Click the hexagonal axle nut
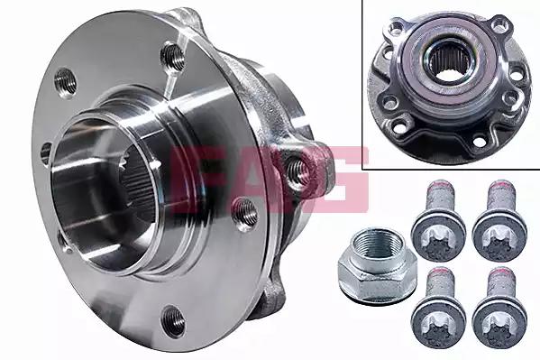(x=378, y=268)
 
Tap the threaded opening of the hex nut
(x=378, y=245)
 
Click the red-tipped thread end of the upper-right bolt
(x=501, y=185)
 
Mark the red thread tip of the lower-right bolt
(x=501, y=272)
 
